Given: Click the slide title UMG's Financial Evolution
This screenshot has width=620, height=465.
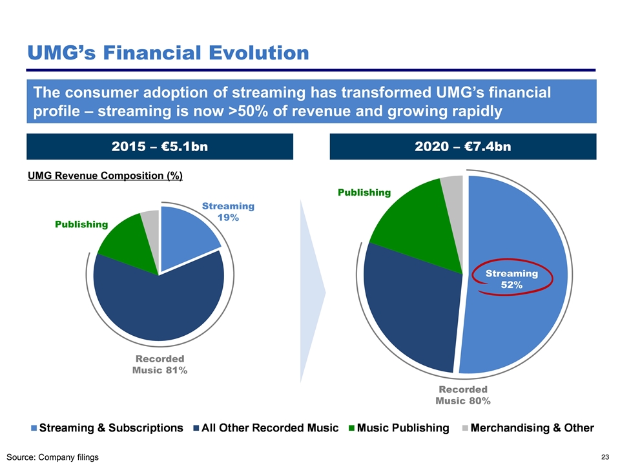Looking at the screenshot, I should tap(167, 51).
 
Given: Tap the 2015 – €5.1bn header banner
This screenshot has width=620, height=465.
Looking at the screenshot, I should tap(160, 147).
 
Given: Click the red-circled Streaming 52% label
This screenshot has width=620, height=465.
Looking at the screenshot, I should tap(512, 279).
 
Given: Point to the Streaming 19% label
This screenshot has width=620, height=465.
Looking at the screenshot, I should tap(228, 212).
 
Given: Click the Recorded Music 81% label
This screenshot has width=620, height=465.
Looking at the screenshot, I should tap(160, 364).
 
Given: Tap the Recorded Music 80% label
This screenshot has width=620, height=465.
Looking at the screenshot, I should tap(463, 395).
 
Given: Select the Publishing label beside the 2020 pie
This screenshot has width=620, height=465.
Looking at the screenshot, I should tap(364, 192).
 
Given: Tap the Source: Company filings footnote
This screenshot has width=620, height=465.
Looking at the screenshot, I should tap(54, 457).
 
